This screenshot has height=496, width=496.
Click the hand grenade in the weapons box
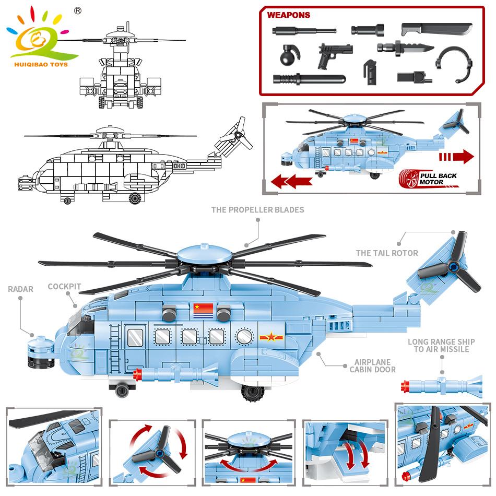289,56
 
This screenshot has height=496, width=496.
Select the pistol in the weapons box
335,56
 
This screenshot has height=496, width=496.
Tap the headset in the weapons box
454,63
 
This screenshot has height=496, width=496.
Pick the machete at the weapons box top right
436,29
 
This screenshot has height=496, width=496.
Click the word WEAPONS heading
289,15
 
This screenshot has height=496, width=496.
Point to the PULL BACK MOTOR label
438,179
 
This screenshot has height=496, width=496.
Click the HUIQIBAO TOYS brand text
41,65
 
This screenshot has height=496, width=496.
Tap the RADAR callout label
20,289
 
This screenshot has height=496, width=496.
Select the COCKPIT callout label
65,287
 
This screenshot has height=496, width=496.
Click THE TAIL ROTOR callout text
387,253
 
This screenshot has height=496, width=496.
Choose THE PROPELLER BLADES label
258,210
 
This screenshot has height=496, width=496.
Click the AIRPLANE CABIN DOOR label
373,366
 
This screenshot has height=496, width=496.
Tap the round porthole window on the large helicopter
244,337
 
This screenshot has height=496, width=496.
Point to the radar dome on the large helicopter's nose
41,353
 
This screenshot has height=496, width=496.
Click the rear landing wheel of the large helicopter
253,393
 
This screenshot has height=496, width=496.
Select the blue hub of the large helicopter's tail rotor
454,268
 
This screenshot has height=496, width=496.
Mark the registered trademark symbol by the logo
77,11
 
